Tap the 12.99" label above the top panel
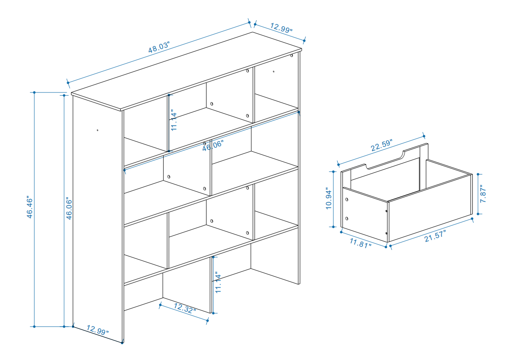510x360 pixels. point(282,28)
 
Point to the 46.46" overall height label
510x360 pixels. point(29,207)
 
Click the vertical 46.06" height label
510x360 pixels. point(69,208)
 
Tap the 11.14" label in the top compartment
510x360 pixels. point(174,120)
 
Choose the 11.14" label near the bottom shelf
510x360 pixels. point(218,282)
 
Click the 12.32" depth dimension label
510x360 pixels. point(185,308)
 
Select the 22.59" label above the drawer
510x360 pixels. point(382,145)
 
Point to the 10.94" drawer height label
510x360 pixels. point(329,198)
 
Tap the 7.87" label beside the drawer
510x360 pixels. point(483,194)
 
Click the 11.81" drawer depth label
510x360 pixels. point(360,243)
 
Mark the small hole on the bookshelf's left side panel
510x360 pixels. point(98,130)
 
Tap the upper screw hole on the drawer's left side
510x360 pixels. point(347,200)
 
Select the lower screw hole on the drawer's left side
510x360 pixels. point(347,218)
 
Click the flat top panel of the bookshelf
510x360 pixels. point(187,71)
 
